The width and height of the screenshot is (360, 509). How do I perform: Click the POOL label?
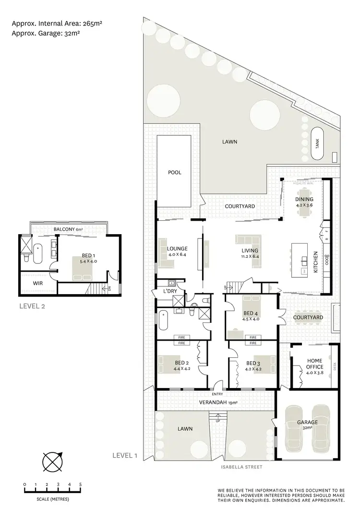(175, 172)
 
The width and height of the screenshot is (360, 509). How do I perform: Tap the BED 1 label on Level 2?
(82, 259)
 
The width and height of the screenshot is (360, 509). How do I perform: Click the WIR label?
(39, 284)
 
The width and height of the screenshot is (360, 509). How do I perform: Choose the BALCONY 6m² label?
(69, 229)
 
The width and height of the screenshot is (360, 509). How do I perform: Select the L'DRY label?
(170, 292)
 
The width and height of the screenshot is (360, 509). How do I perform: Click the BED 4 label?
(251, 315)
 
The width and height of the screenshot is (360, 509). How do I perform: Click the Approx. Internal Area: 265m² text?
(58, 23)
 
